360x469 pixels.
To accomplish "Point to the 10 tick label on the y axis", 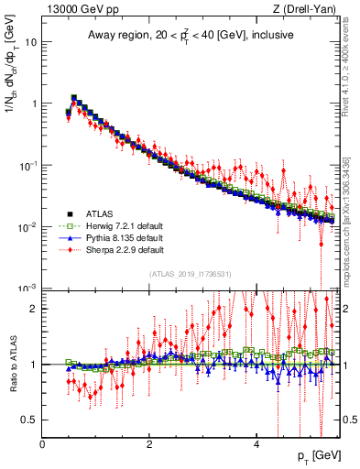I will pyautogui.click(x=30, y=42).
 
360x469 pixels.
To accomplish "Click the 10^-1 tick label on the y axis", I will pyautogui.click(x=27, y=165).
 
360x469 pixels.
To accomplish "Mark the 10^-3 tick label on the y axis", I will pyautogui.click(x=27, y=288).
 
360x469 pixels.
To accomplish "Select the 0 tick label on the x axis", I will pyautogui.click(x=42, y=443).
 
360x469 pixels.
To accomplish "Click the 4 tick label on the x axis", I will pyautogui.click(x=256, y=443).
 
